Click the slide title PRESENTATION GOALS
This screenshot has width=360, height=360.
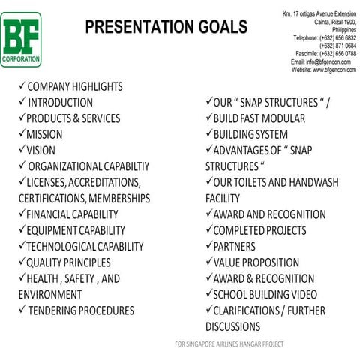(x=165, y=28)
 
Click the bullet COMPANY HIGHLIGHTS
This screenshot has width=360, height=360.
(x=74, y=86)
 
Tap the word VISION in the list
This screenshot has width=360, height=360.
(x=41, y=150)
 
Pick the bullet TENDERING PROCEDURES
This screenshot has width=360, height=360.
(x=80, y=310)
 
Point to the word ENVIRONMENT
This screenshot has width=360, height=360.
(x=50, y=295)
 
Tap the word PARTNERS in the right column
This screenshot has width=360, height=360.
(x=234, y=247)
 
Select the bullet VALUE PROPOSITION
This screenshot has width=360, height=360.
(x=256, y=262)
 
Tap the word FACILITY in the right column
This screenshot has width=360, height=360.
(x=223, y=199)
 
